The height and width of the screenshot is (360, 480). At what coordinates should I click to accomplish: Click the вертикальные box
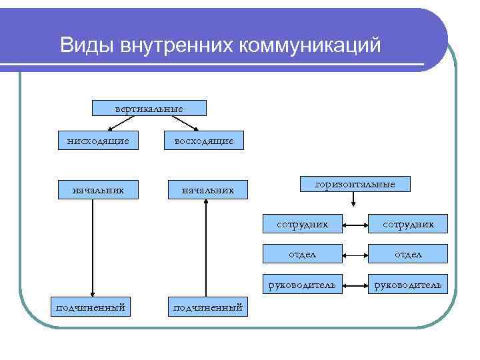[149, 107]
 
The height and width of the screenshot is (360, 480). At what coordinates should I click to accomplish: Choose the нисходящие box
[98, 141]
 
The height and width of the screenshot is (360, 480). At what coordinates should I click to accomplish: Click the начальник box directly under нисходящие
[98, 191]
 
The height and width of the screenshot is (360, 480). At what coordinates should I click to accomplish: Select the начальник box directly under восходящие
[208, 191]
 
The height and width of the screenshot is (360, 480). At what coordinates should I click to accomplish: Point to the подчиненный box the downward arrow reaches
[91, 307]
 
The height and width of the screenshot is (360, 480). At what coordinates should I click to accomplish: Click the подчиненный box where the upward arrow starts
[207, 307]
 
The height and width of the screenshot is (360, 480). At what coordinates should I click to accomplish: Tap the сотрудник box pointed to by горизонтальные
[303, 225]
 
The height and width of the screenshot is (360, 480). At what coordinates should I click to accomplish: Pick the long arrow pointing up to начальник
[207, 247]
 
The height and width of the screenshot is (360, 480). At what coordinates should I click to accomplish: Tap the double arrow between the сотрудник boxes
[355, 225]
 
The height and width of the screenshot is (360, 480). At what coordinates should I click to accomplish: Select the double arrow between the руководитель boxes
[355, 285]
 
